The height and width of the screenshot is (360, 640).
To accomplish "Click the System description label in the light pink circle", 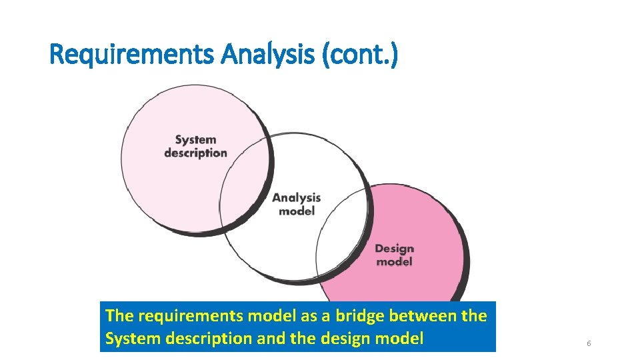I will click(x=195, y=146).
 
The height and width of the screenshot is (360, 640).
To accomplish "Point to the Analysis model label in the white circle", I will click(x=297, y=204).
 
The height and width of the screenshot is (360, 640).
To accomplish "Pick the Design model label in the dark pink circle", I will click(x=394, y=255).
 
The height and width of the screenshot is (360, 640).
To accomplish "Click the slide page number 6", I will click(x=589, y=343).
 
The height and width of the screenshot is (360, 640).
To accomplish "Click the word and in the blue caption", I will click(x=270, y=339).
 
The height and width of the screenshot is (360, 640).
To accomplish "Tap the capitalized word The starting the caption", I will click(x=119, y=315).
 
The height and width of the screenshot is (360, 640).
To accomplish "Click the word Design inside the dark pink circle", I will click(x=394, y=249).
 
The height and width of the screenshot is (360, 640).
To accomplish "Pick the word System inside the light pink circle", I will click(x=195, y=140).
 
